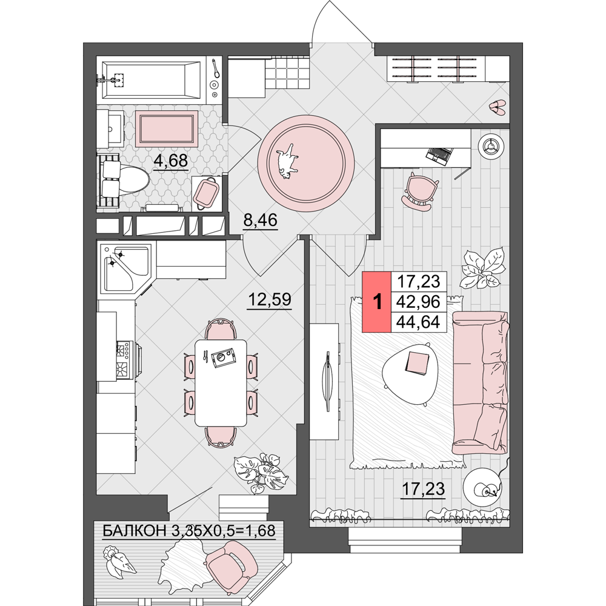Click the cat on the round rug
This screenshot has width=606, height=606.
287,161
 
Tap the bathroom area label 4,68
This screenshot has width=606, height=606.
171,161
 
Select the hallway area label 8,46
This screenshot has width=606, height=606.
260,220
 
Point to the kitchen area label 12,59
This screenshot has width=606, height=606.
270,299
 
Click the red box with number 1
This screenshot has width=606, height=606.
376,302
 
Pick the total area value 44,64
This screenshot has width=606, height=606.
419,322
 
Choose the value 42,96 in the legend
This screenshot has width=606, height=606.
419,302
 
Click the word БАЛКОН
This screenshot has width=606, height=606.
135,531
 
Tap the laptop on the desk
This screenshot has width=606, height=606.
439,155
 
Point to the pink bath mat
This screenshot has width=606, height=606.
167,128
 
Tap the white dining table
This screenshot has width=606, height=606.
221,382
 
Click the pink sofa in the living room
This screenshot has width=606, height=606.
480,382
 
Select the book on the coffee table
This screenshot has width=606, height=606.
417,363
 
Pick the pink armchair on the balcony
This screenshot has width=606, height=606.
230,566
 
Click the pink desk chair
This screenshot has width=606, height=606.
419,191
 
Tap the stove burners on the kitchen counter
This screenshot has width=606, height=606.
125,359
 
